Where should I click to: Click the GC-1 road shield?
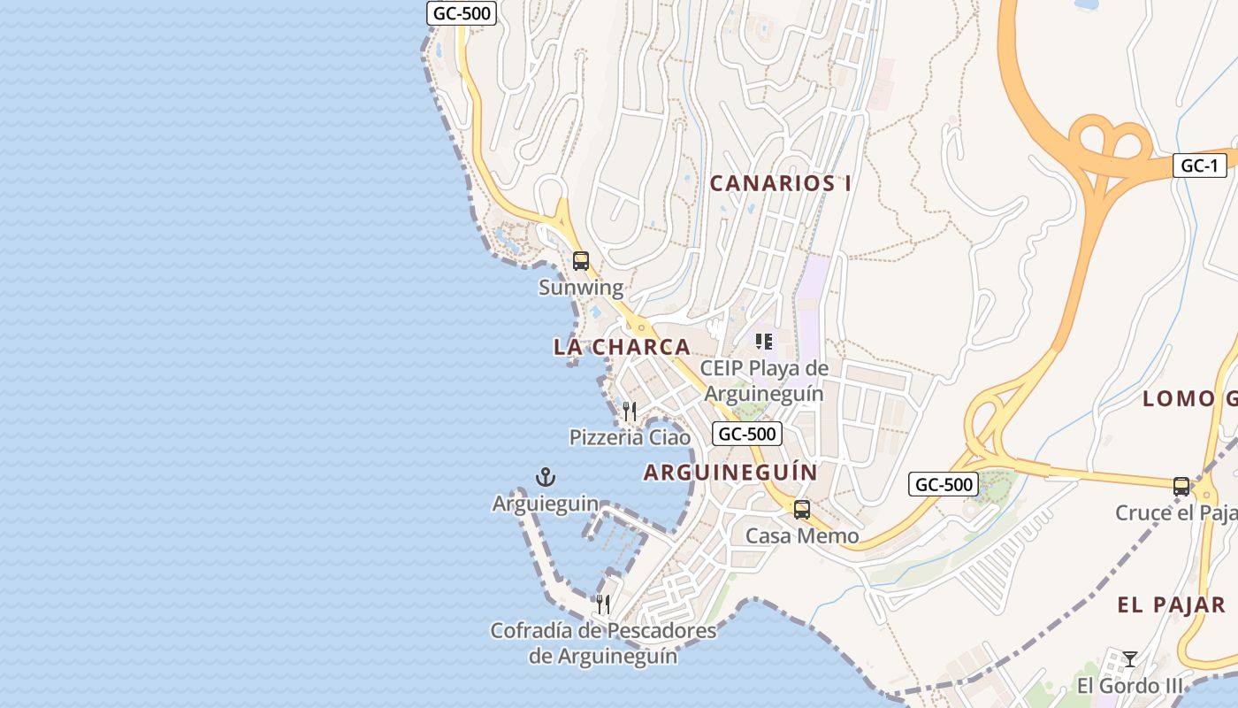[1199, 165]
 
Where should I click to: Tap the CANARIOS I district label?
[781, 183]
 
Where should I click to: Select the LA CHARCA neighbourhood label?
[622, 347]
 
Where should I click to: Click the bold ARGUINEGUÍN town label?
[730, 473]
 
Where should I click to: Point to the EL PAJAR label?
[1171, 605]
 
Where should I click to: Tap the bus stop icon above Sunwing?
[581, 261]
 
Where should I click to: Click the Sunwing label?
[581, 288]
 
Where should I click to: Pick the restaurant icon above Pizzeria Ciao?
[630, 411]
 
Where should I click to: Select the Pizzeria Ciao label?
[630, 437]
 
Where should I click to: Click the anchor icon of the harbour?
[546, 478]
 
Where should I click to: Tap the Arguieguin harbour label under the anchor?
[546, 504]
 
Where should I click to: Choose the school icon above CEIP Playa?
[764, 342]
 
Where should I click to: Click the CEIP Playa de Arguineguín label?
[764, 381]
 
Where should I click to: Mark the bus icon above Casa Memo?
[802, 510]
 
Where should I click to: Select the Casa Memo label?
[802, 536]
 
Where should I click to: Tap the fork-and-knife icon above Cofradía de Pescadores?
[603, 604]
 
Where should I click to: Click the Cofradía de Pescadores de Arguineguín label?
[603, 643]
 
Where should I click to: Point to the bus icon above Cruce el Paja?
[1181, 486]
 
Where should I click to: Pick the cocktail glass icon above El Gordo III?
[1129, 659]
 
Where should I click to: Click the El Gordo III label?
[1129, 686]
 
